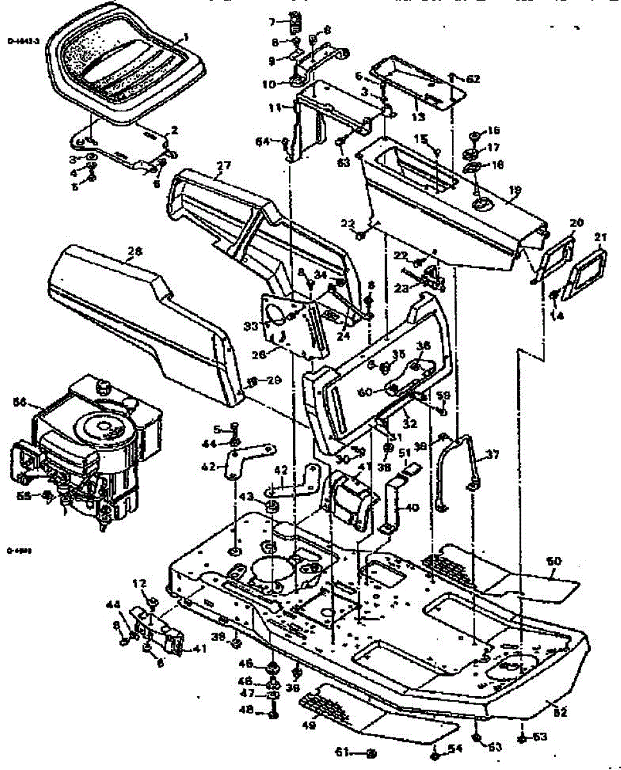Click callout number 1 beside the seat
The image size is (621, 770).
186,37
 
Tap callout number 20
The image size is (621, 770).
576,223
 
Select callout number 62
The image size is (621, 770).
473,79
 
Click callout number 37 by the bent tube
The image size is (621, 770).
493,455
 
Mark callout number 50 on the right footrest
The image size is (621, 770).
554,561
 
